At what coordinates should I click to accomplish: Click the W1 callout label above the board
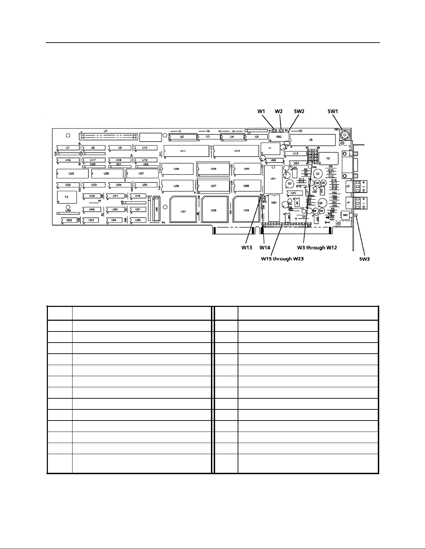pyautogui.click(x=261, y=112)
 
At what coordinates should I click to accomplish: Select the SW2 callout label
pyautogui.click(x=299, y=112)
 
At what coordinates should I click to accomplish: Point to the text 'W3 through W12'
pyautogui.click(x=316, y=248)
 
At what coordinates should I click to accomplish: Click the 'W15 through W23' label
pyautogui.click(x=282, y=258)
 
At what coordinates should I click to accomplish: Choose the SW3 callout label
pyautogui.click(x=364, y=258)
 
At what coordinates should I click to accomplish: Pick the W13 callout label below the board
pyautogui.click(x=247, y=248)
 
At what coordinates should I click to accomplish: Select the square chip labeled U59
pyautogui.click(x=246, y=210)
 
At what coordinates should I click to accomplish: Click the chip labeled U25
pyautogui.click(x=72, y=173)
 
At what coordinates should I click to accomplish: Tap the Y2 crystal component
pyautogui.click(x=328, y=158)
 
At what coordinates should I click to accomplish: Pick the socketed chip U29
pyautogui.click(x=213, y=169)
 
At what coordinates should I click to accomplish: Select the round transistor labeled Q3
pyautogui.click(x=289, y=184)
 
